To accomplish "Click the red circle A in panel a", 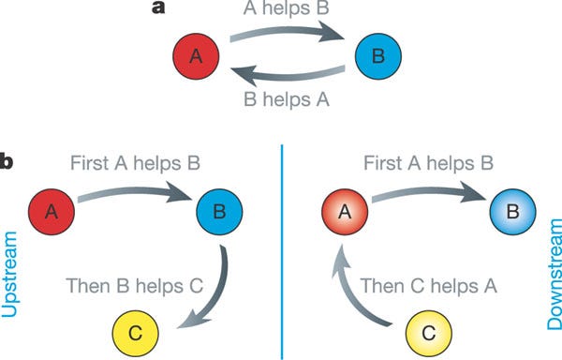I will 195,57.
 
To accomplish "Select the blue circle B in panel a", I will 377,57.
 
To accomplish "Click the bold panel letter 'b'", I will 7,162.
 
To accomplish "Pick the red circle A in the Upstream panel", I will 52,213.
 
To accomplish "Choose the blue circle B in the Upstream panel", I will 221,213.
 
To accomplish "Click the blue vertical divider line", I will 281,253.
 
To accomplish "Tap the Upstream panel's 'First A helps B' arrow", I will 137,199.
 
